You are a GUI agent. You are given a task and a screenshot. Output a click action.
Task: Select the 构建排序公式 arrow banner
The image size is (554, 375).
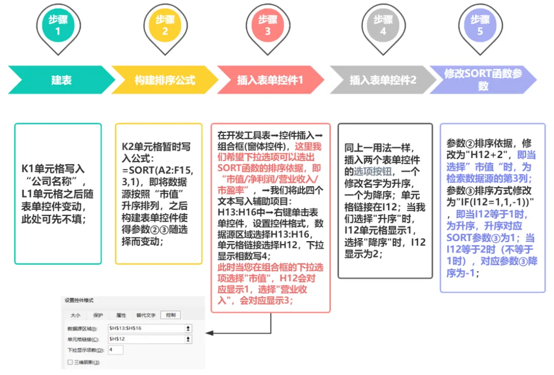[165, 80]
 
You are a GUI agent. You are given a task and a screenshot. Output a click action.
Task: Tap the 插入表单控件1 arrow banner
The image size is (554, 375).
[270, 80]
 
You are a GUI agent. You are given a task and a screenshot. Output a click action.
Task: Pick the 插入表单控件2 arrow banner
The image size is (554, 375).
[383, 80]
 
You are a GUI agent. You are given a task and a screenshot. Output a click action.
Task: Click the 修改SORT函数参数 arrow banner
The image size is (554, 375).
[483, 80]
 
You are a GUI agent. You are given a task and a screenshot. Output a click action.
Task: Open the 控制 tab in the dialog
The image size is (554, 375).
[170, 315]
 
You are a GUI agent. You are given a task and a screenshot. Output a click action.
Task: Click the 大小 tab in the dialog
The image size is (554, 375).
[75, 315]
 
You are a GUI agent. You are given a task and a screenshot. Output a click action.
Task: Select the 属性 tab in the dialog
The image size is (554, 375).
[121, 315]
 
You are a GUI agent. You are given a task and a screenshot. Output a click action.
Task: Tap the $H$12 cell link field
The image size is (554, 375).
[146, 339]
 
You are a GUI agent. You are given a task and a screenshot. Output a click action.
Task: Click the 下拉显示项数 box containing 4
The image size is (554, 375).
[115, 350]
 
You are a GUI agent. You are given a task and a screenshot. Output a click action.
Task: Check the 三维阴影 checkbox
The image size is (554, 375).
[70, 362]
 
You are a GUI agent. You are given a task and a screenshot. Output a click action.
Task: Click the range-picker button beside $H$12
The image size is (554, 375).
[188, 339]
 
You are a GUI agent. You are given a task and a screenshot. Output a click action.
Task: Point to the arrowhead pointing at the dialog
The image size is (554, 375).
[208, 333]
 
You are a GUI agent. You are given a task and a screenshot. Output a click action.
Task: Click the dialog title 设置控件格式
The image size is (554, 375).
[80, 300]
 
